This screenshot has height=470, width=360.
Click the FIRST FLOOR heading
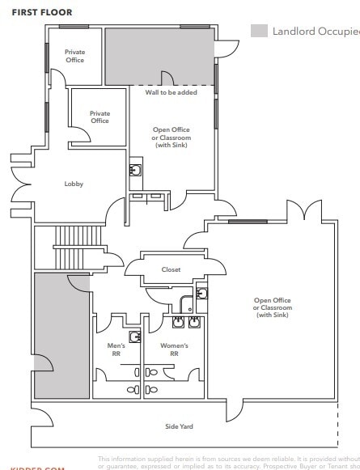pos(41,13)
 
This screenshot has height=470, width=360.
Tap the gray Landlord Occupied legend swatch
pos(259,32)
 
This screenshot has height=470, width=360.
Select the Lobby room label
pos(74,184)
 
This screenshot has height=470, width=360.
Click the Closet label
pos(171,269)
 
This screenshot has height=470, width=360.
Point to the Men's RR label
pos(116,349)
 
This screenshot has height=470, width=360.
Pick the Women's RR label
pos(173,349)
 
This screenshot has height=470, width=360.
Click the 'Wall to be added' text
pos(171,93)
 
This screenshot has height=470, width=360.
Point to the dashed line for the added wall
pos(172,85)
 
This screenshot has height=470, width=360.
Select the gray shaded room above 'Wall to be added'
pos(159,57)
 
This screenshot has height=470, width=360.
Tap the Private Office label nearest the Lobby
pos(100,117)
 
